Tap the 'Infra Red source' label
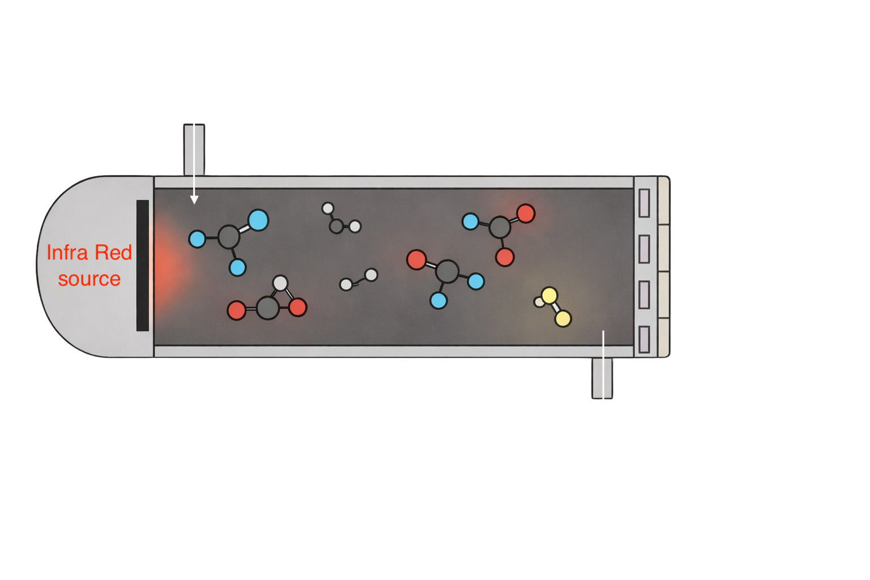pyautogui.click(x=89, y=266)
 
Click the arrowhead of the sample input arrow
pyautogui.click(x=194, y=199)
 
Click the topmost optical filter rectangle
pyautogui.click(x=644, y=203)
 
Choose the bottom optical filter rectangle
pyautogui.click(x=644, y=340)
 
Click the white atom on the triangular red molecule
pyautogui.click(x=280, y=283)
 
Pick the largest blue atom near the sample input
pyautogui.click(x=258, y=220)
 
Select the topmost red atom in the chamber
pyautogui.click(x=526, y=214)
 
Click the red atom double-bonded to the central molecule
pyautogui.click(x=416, y=259)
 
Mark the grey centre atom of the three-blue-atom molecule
pyautogui.click(x=229, y=237)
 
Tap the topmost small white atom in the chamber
pyautogui.click(x=327, y=208)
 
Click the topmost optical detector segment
pyautogui.click(x=663, y=201)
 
